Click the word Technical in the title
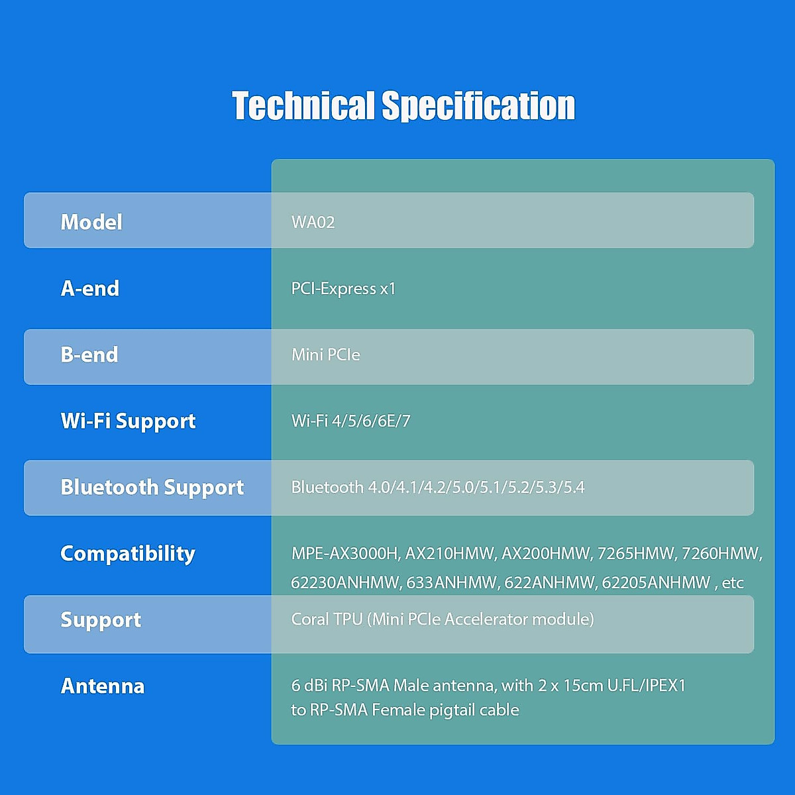tap(303, 105)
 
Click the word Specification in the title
tap(478, 107)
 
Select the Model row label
tap(91, 222)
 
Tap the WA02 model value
tap(313, 222)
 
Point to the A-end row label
tap(89, 288)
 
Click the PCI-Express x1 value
tap(343, 288)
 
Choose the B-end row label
tap(89, 354)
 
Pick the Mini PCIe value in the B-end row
tap(325, 354)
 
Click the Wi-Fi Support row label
tap(128, 421)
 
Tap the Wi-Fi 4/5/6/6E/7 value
tap(350, 421)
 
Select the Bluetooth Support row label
tap(152, 488)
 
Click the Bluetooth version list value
tap(438, 487)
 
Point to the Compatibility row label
tap(127, 554)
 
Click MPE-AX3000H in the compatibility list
tap(346, 554)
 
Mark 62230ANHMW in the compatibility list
tap(346, 582)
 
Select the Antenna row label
tap(102, 686)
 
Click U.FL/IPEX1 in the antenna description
tap(646, 685)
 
